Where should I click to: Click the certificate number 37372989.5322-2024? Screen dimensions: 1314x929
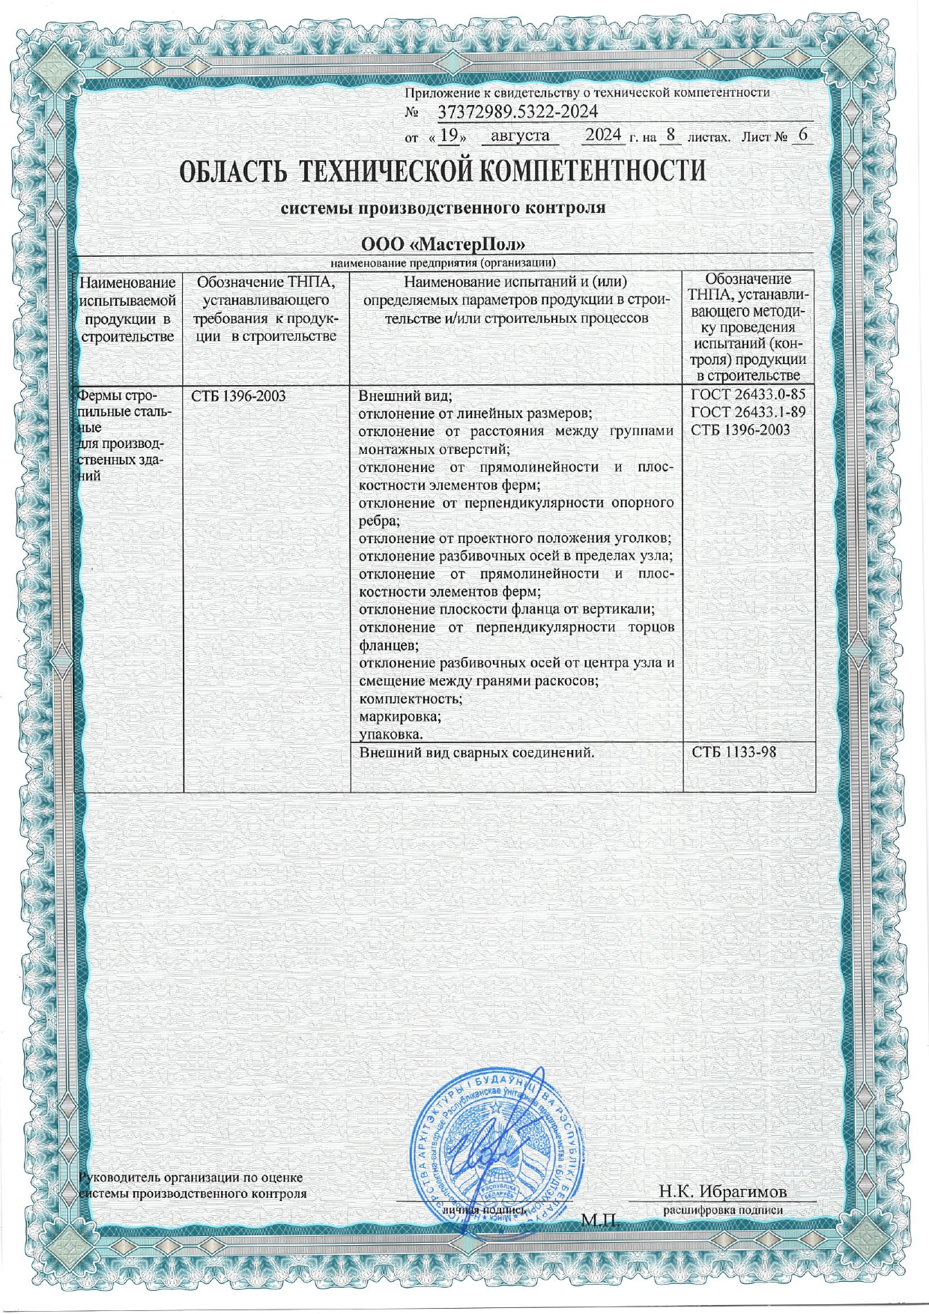(516, 112)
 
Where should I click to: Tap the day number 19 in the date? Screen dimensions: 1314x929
(449, 136)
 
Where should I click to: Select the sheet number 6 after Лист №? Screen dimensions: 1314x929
(803, 136)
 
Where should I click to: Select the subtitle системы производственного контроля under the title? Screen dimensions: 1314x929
(442, 208)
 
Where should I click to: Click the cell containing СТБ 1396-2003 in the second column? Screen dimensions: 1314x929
(238, 396)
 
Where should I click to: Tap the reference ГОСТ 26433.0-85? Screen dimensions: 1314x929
(748, 396)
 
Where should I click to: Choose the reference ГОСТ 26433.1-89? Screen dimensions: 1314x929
(748, 413)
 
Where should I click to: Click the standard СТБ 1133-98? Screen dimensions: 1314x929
(733, 751)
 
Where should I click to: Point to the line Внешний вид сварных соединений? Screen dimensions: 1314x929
(476, 751)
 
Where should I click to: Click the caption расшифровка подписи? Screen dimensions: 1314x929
(723, 1209)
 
